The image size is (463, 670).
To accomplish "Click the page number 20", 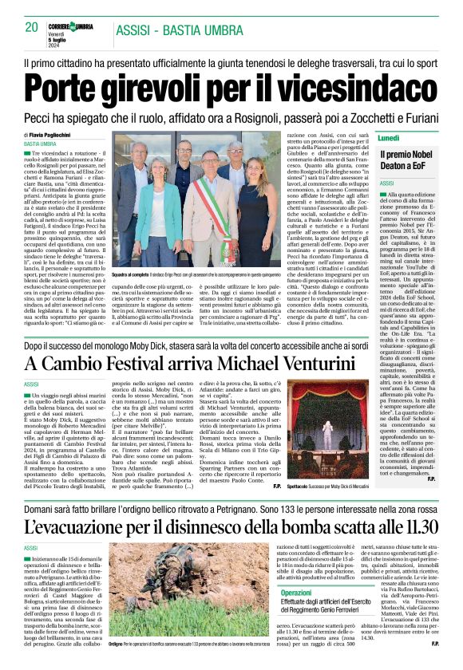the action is click(x=32, y=27).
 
